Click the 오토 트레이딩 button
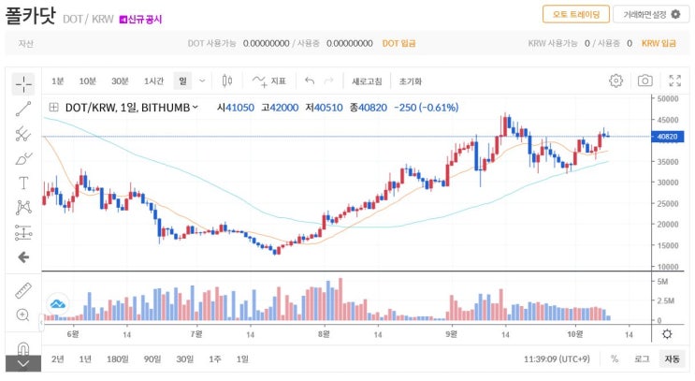point(576,15)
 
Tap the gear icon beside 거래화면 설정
point(675,15)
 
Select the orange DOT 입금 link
point(398,43)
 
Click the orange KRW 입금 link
point(659,43)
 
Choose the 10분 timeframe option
point(87,81)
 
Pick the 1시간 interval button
point(153,81)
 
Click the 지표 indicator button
point(269,81)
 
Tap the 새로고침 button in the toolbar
point(367,81)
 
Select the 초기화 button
point(411,81)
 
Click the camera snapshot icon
point(644,81)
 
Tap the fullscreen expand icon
point(674,81)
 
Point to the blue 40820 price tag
point(668,137)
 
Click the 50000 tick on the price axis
point(668,98)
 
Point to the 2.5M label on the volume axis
point(666,300)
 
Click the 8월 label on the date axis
point(324,334)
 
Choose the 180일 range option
point(118,359)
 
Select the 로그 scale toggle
point(642,359)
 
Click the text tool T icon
point(23,183)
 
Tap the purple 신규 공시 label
point(140,20)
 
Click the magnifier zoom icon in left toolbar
point(23,315)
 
